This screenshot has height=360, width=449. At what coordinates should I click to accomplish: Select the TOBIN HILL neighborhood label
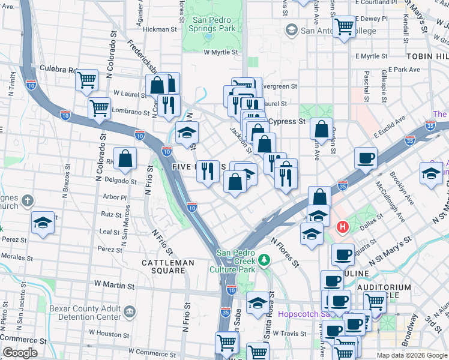[x=427, y=56]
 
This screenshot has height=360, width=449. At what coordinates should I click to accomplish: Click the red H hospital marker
[x=343, y=227]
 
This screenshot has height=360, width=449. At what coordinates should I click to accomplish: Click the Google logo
[x=20, y=353]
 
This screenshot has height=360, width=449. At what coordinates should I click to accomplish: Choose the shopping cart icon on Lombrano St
[x=99, y=109]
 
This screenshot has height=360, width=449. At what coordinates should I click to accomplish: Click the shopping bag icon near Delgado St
[x=125, y=159]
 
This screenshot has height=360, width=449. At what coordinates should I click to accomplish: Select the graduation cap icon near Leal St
[x=42, y=223]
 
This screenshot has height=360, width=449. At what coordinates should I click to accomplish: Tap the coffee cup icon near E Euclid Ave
[x=366, y=158]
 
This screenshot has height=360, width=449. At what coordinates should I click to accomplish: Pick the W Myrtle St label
[x=221, y=52]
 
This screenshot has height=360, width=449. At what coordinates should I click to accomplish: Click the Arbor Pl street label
[x=115, y=197]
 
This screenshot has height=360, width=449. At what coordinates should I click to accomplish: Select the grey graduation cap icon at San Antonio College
[x=292, y=30]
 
